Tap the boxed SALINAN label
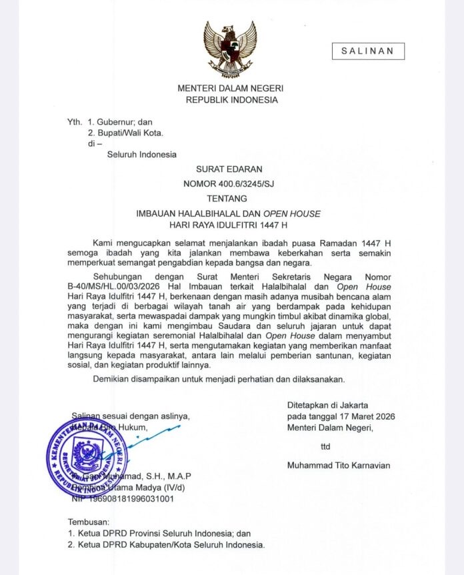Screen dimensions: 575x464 [x=368, y=51]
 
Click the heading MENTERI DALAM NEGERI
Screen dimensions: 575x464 [x=231, y=88]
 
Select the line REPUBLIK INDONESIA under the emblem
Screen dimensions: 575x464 [x=231, y=100]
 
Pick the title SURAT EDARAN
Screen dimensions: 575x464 [x=230, y=169]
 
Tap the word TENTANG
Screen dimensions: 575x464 [x=227, y=198]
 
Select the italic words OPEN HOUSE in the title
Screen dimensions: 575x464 [x=291, y=213]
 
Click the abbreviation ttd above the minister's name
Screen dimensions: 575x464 [x=325, y=446]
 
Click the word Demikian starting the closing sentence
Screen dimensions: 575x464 [x=114, y=379]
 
